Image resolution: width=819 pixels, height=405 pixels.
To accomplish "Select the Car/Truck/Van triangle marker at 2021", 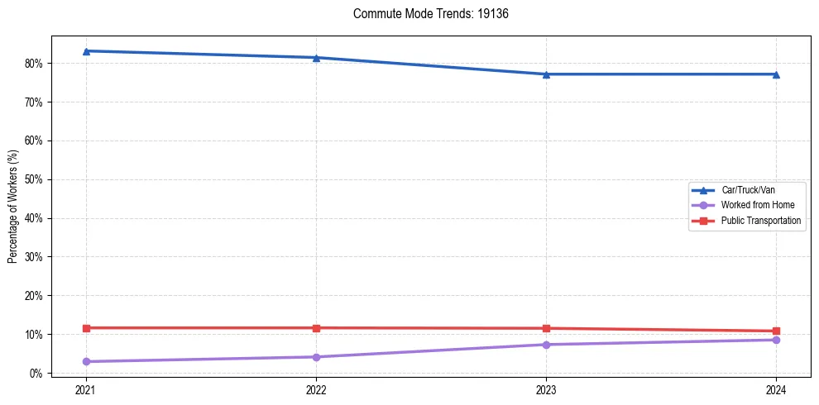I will coord(86,51).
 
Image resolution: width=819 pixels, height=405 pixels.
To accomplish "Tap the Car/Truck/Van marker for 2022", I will coord(316,58).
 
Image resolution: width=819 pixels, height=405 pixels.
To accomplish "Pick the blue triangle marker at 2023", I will coord(546,74).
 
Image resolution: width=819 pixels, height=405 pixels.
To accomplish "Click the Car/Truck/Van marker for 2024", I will coord(776,74).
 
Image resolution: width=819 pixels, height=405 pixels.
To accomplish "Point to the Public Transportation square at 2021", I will coord(86,328).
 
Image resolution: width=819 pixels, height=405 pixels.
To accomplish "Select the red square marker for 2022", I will coord(316,328).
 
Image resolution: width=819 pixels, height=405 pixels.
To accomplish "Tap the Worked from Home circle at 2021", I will coord(86,361).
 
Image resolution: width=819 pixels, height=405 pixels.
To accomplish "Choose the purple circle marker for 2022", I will coord(316,357).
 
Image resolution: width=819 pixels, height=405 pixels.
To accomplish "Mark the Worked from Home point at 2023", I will coord(546,345).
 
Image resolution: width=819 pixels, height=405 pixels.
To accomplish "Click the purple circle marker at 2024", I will coord(776,340).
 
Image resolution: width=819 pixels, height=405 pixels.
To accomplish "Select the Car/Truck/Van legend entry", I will coord(748,190).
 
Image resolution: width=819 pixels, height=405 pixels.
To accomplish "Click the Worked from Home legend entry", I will coord(753,205).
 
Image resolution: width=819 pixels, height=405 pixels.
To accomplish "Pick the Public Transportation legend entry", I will coord(760,221).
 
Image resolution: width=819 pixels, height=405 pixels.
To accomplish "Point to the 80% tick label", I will coord(34,64).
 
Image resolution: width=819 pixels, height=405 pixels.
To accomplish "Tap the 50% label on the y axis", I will coord(34,179).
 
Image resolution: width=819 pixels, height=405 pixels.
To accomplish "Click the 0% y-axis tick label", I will coord(36,374).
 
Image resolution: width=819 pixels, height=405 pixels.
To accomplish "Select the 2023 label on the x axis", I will coord(546,389).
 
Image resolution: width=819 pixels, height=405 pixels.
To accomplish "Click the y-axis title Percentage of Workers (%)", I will coord(12,206).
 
